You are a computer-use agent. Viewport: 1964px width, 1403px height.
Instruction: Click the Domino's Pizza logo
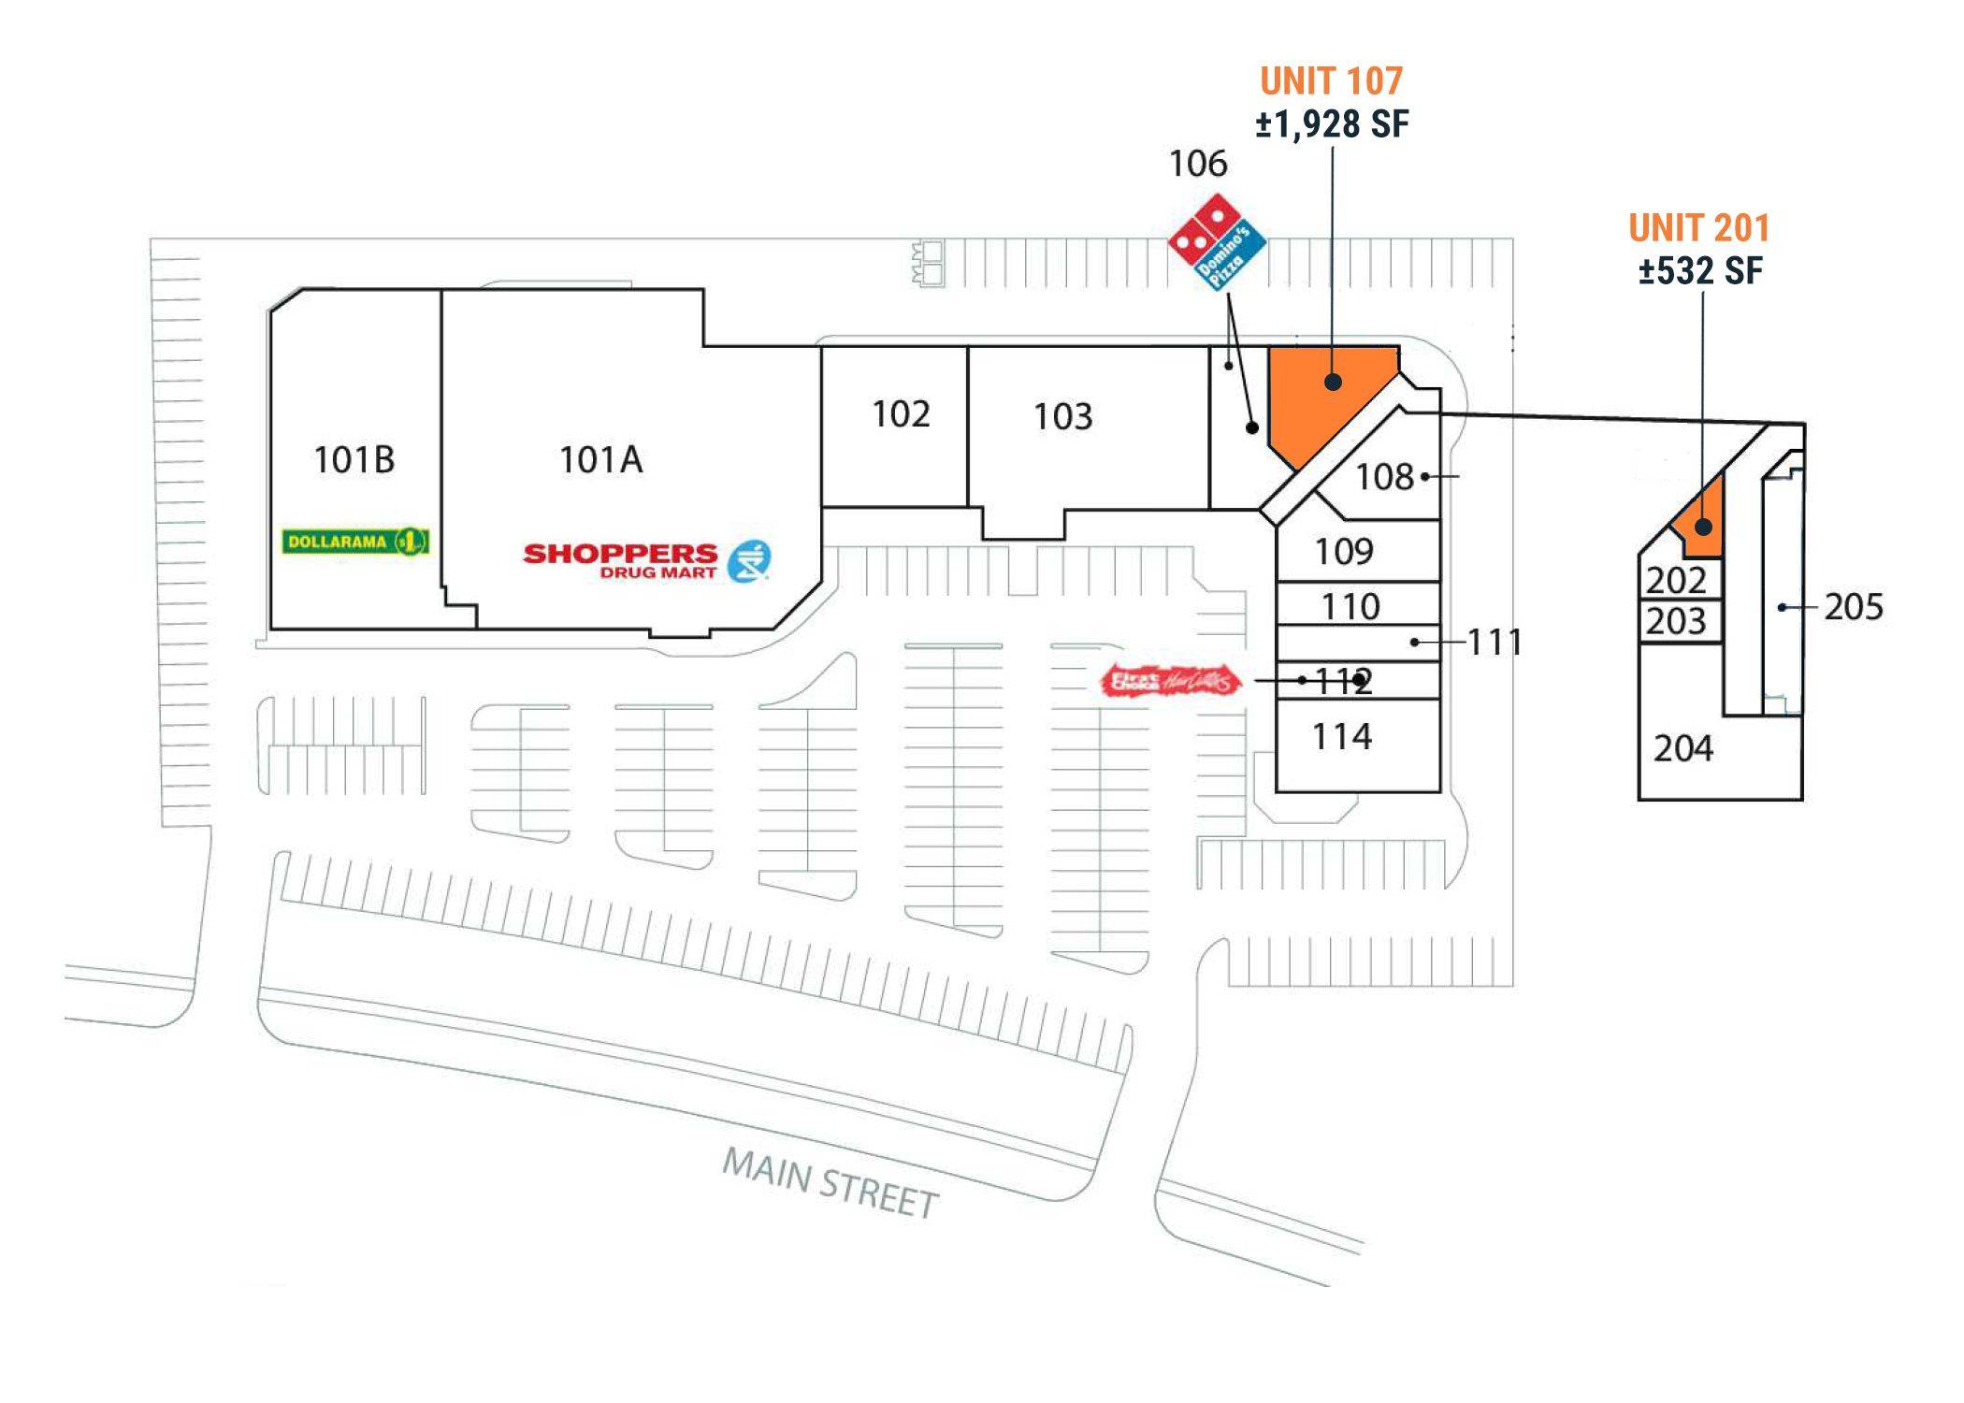(x=1217, y=242)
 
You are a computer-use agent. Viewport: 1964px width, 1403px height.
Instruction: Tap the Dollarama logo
(x=355, y=542)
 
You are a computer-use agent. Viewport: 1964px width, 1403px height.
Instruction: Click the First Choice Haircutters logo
(x=1173, y=681)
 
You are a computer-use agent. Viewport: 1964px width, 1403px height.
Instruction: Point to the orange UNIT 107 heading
(x=1331, y=81)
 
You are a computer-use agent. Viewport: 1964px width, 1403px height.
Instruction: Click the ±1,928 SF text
(x=1332, y=124)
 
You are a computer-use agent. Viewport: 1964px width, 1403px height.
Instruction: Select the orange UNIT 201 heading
(x=1698, y=228)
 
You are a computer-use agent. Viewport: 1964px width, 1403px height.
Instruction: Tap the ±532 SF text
(x=1700, y=271)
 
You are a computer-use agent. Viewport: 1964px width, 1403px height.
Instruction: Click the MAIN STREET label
(x=830, y=1184)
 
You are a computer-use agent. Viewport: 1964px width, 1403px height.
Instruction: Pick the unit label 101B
(x=354, y=460)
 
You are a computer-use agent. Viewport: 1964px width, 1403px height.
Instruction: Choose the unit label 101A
(x=600, y=460)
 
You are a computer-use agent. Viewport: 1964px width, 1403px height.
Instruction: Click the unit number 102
(x=901, y=414)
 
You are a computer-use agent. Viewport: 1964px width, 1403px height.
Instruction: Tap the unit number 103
(x=1062, y=417)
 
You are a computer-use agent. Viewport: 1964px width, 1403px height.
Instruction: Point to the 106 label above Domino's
(x=1198, y=165)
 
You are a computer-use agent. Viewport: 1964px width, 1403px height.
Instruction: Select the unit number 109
(x=1344, y=552)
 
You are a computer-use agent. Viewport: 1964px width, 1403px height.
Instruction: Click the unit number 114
(x=1342, y=737)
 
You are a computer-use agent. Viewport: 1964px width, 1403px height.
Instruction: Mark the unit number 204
(x=1682, y=748)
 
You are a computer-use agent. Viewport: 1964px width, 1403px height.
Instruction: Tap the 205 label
(x=1853, y=607)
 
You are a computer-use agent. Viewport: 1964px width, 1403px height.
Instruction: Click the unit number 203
(x=1676, y=621)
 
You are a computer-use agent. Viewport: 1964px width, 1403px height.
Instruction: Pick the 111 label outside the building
(x=1495, y=643)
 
